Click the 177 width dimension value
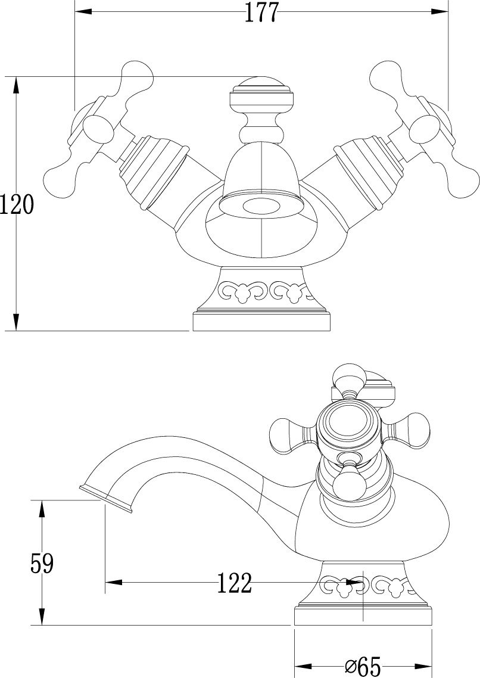(261, 13)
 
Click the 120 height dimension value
(17, 204)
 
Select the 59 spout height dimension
(42, 563)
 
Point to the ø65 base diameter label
(363, 666)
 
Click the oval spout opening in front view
(262, 207)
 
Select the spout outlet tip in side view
(106, 499)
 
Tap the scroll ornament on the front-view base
(264, 291)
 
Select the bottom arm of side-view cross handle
(349, 480)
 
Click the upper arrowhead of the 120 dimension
(17, 86)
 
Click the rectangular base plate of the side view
(363, 617)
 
